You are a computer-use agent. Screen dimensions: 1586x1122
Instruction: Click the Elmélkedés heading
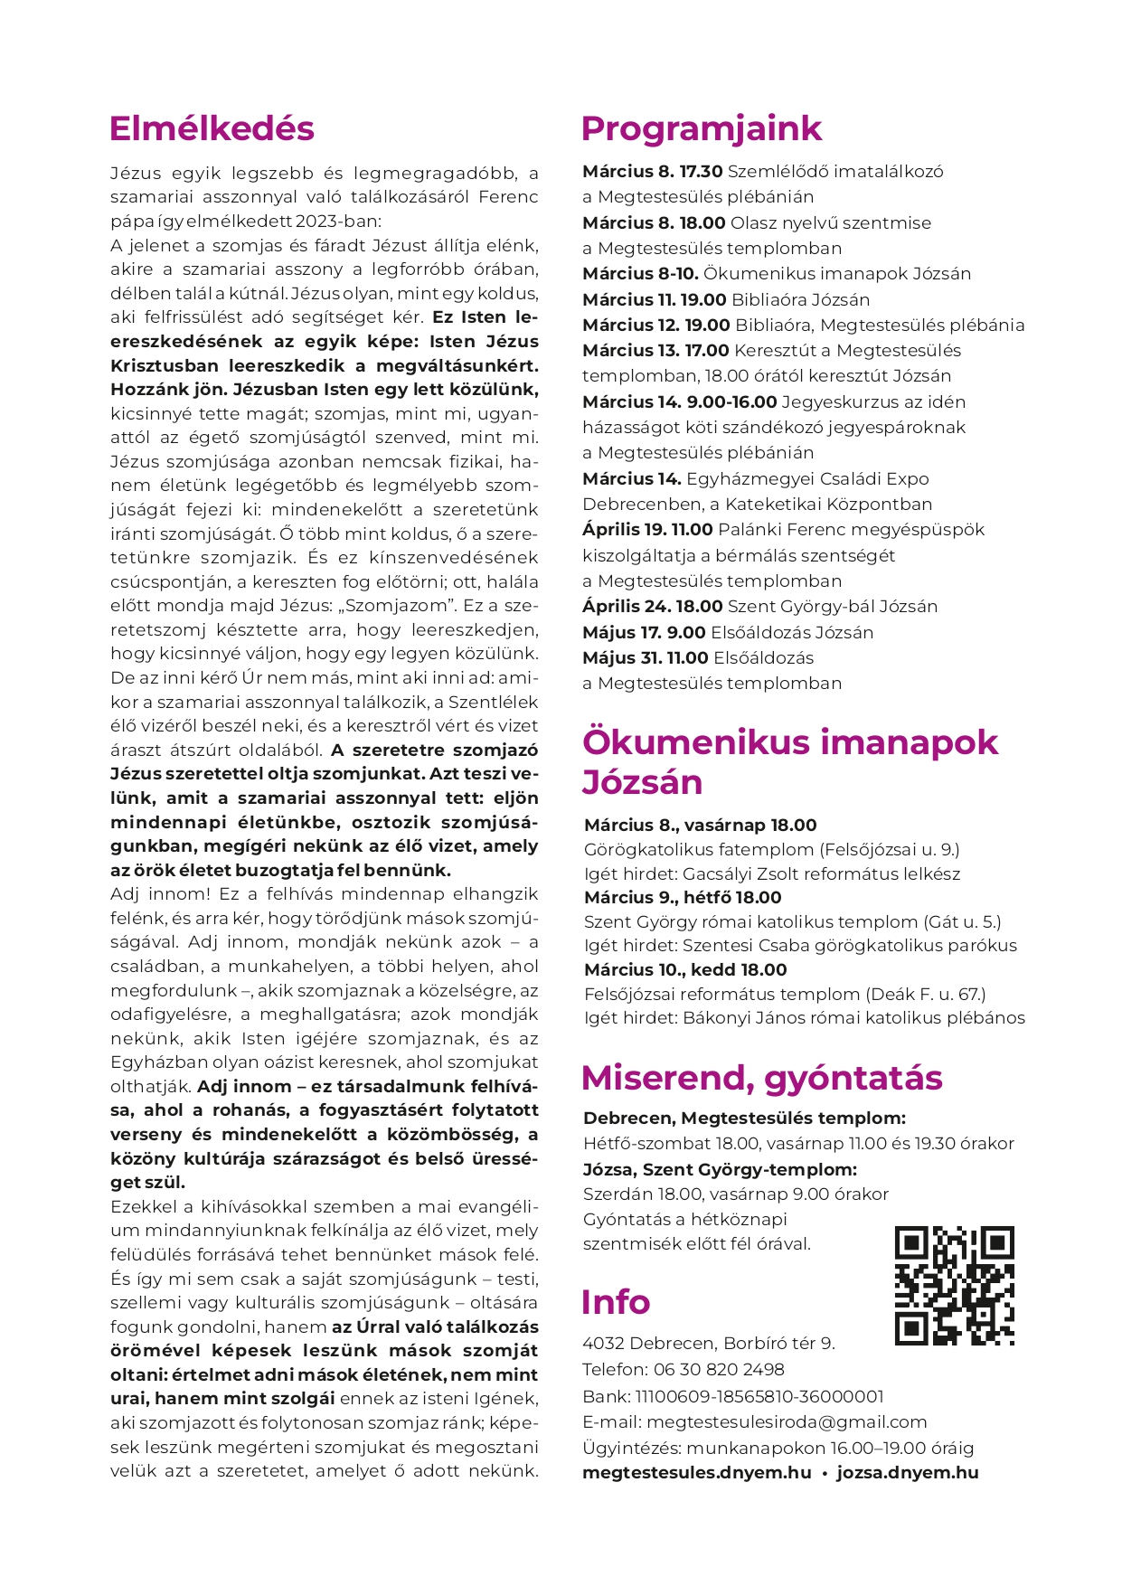(212, 128)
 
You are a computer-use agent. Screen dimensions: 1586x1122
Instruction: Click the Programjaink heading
(701, 128)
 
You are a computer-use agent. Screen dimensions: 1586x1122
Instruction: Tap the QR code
(954, 1285)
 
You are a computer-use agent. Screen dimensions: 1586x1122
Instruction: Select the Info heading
(615, 1302)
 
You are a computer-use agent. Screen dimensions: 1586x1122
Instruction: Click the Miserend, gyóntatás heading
(761, 1078)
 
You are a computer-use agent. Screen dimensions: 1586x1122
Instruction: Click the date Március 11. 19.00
(654, 299)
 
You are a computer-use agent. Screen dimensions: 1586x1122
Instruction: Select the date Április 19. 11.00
(647, 529)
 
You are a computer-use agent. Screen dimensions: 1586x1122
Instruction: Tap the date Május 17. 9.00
(644, 632)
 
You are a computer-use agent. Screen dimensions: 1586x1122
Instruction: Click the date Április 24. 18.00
(652, 606)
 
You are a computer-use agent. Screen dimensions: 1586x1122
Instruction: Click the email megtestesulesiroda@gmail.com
(787, 1421)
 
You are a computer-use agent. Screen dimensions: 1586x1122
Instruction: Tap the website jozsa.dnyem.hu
(907, 1472)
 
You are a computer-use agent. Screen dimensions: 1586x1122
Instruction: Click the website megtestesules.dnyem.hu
(696, 1472)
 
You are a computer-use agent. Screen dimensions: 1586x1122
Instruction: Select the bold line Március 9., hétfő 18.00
(683, 897)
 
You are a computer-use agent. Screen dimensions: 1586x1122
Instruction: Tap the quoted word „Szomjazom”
(400, 605)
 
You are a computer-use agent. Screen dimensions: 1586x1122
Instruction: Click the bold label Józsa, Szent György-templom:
(720, 1169)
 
